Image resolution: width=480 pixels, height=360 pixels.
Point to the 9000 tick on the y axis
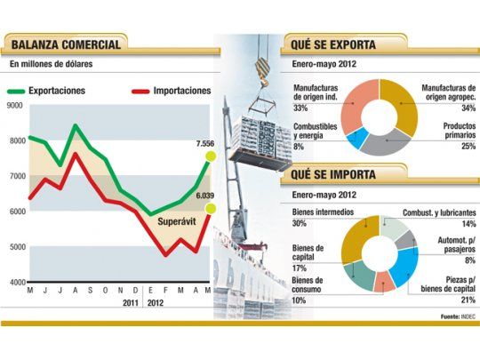pos(14,106)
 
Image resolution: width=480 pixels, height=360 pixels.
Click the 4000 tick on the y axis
pos(14,282)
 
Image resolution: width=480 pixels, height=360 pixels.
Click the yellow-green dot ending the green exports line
pos(211,156)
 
